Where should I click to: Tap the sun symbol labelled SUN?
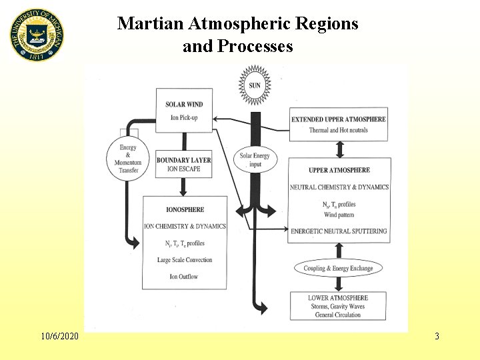click(x=255, y=85)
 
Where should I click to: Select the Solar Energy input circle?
click(x=255, y=161)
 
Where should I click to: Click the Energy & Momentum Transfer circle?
click(x=129, y=159)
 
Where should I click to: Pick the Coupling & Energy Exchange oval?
click(x=339, y=268)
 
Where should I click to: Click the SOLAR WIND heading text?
click(x=185, y=104)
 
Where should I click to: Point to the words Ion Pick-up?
click(x=185, y=119)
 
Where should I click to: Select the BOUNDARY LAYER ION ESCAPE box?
click(x=183, y=165)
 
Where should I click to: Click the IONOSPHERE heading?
click(x=185, y=209)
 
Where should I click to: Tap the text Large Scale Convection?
click(x=185, y=260)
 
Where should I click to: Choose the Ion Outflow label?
click(x=185, y=276)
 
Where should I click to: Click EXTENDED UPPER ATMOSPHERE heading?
click(x=339, y=119)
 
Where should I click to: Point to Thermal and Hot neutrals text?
click(x=339, y=130)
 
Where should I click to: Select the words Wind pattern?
click(x=339, y=215)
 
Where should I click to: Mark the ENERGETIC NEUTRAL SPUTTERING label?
click(x=339, y=231)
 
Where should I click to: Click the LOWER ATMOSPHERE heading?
click(x=338, y=298)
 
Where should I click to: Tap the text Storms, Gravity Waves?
click(x=338, y=307)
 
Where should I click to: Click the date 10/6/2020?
click(x=59, y=336)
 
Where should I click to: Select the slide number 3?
click(x=437, y=336)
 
